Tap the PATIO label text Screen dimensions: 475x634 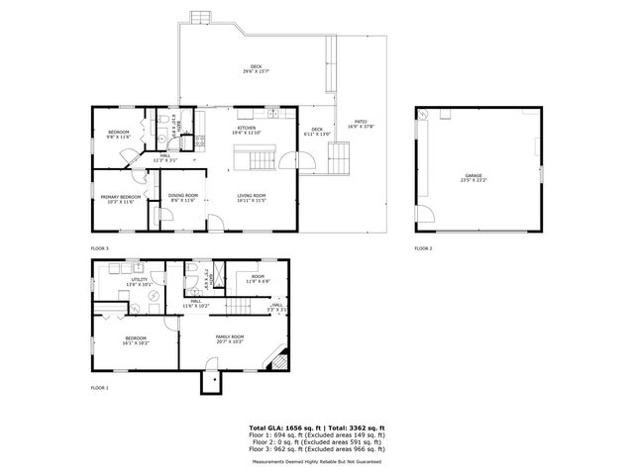click(x=354, y=123)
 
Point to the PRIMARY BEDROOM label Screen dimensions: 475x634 click(x=120, y=196)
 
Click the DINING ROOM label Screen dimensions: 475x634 click(x=182, y=196)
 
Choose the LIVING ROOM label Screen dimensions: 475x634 click(x=252, y=196)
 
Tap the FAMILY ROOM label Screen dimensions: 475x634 click(x=230, y=336)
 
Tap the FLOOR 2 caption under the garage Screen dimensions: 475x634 click(x=423, y=247)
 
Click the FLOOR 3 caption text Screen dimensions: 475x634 click(x=99, y=247)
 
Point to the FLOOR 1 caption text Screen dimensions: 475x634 click(x=99, y=387)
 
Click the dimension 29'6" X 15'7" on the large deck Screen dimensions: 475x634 click(x=256, y=71)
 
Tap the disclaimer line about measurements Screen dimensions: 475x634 click(x=316, y=461)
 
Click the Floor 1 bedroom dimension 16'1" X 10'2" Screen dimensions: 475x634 click(x=137, y=342)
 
